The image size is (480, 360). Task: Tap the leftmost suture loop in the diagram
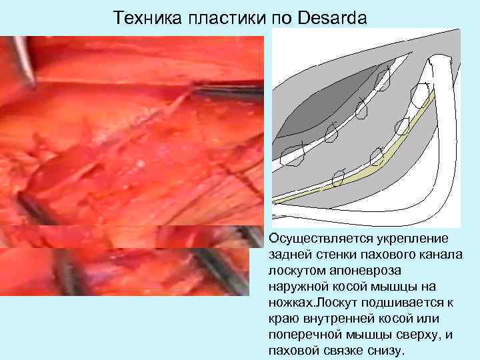(292, 155)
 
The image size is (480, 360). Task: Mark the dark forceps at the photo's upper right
(230, 89)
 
